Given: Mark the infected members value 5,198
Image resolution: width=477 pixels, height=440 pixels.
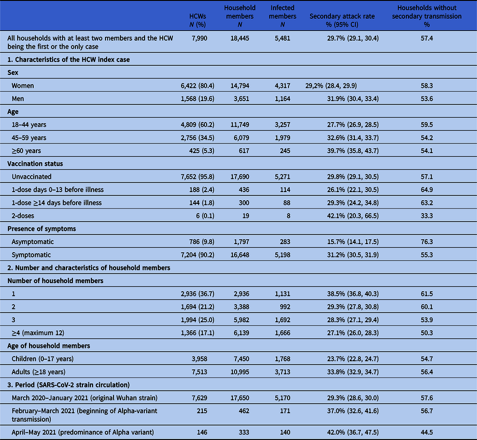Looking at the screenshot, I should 283,255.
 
